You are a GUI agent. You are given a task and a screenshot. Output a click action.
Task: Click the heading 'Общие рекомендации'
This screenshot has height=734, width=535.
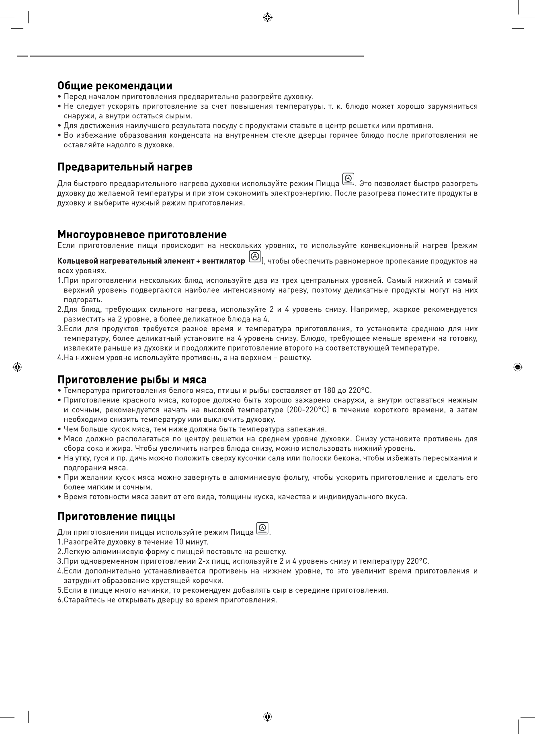[x=115, y=86]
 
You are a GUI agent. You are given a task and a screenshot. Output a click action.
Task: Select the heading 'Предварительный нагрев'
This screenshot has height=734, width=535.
[x=125, y=167]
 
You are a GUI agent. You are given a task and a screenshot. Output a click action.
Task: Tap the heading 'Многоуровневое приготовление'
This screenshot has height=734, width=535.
[x=142, y=235]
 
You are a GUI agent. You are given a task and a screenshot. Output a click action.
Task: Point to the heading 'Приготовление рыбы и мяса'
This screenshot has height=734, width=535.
[x=132, y=380]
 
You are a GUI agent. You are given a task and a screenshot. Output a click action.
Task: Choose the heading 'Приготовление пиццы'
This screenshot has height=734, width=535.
[x=116, y=516]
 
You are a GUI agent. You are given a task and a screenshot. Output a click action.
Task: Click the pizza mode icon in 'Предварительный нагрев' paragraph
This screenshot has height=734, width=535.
[x=348, y=179]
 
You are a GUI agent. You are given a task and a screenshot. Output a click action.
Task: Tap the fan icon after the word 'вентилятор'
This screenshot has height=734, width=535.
[x=255, y=257]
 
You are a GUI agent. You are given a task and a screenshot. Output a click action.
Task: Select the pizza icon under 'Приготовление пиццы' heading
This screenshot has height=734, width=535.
[x=262, y=528]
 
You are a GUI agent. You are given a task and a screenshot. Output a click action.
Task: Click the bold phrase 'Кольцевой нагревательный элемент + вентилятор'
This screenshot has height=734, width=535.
[x=151, y=261]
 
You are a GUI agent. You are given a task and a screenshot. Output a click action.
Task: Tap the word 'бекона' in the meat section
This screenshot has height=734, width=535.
[x=351, y=458]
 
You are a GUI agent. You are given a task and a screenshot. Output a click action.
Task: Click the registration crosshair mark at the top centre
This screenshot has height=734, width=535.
[x=267, y=17]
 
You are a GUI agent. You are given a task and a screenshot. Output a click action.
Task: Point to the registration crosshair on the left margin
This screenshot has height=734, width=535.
[x=17, y=367]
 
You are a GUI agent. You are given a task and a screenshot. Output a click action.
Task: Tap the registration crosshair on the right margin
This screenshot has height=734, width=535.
[x=518, y=367]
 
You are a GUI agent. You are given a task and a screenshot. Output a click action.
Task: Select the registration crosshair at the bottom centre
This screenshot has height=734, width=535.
[x=267, y=717]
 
